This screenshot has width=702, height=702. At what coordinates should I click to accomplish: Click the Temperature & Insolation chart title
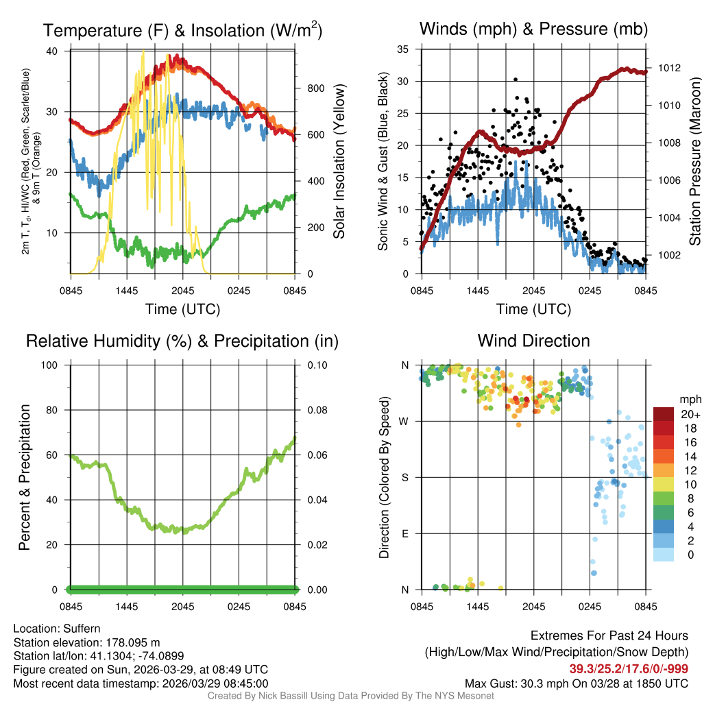[x=182, y=30]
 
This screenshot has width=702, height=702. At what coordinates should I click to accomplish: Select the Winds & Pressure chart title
[x=533, y=29]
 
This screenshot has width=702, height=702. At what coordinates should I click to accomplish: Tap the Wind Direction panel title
[x=533, y=341]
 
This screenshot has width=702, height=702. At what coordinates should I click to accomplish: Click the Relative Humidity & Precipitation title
[x=182, y=341]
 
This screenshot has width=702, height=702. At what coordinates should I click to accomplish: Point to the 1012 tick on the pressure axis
[x=668, y=68]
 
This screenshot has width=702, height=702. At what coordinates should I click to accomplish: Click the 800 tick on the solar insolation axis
[x=315, y=88]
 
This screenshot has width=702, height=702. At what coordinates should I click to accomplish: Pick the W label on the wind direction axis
[x=405, y=421]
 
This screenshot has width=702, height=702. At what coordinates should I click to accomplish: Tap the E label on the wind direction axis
[x=405, y=533]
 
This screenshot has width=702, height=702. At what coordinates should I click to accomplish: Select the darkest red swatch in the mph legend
[x=663, y=414]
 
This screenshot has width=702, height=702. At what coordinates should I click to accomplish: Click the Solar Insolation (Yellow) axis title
[x=339, y=162]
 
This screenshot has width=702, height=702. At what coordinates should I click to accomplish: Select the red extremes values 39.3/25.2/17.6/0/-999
[x=629, y=668]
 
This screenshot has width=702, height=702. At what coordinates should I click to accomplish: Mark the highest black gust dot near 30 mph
[x=516, y=80]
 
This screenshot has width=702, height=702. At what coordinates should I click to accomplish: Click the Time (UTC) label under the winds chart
[x=533, y=309]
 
